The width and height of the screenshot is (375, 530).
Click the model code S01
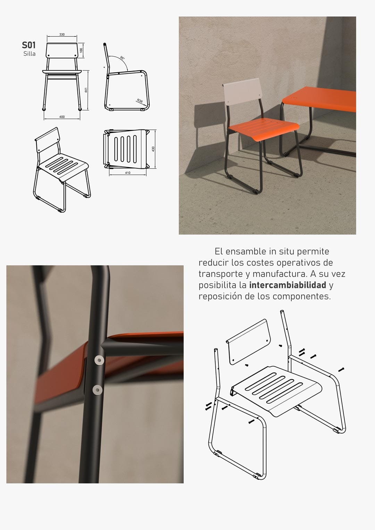(x=28, y=45)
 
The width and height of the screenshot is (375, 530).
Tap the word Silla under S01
(x=30, y=54)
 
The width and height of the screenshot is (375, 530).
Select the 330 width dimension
(x=62, y=34)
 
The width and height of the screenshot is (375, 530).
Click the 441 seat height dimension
(x=86, y=90)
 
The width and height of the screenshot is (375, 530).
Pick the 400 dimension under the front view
(x=62, y=117)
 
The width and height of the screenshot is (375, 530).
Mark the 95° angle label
(x=122, y=58)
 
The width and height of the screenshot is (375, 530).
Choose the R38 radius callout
(x=140, y=101)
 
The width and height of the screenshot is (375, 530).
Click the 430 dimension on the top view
(x=153, y=149)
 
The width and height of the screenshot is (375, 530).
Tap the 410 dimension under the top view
(x=128, y=173)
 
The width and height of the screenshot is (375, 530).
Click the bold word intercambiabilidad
(x=287, y=285)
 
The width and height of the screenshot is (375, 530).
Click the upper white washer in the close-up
(x=99, y=360)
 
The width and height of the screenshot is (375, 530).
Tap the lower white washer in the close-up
(x=98, y=390)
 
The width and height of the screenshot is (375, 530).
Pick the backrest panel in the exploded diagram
(x=248, y=342)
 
